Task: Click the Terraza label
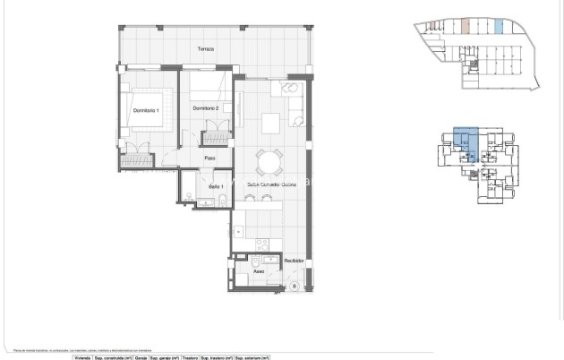206,49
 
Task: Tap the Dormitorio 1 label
145,110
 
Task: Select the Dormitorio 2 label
206,108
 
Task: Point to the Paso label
210,159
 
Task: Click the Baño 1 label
215,186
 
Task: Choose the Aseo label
259,270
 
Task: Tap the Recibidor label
295,261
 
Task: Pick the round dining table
269,161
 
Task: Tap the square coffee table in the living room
271,123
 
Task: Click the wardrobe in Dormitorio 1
140,160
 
